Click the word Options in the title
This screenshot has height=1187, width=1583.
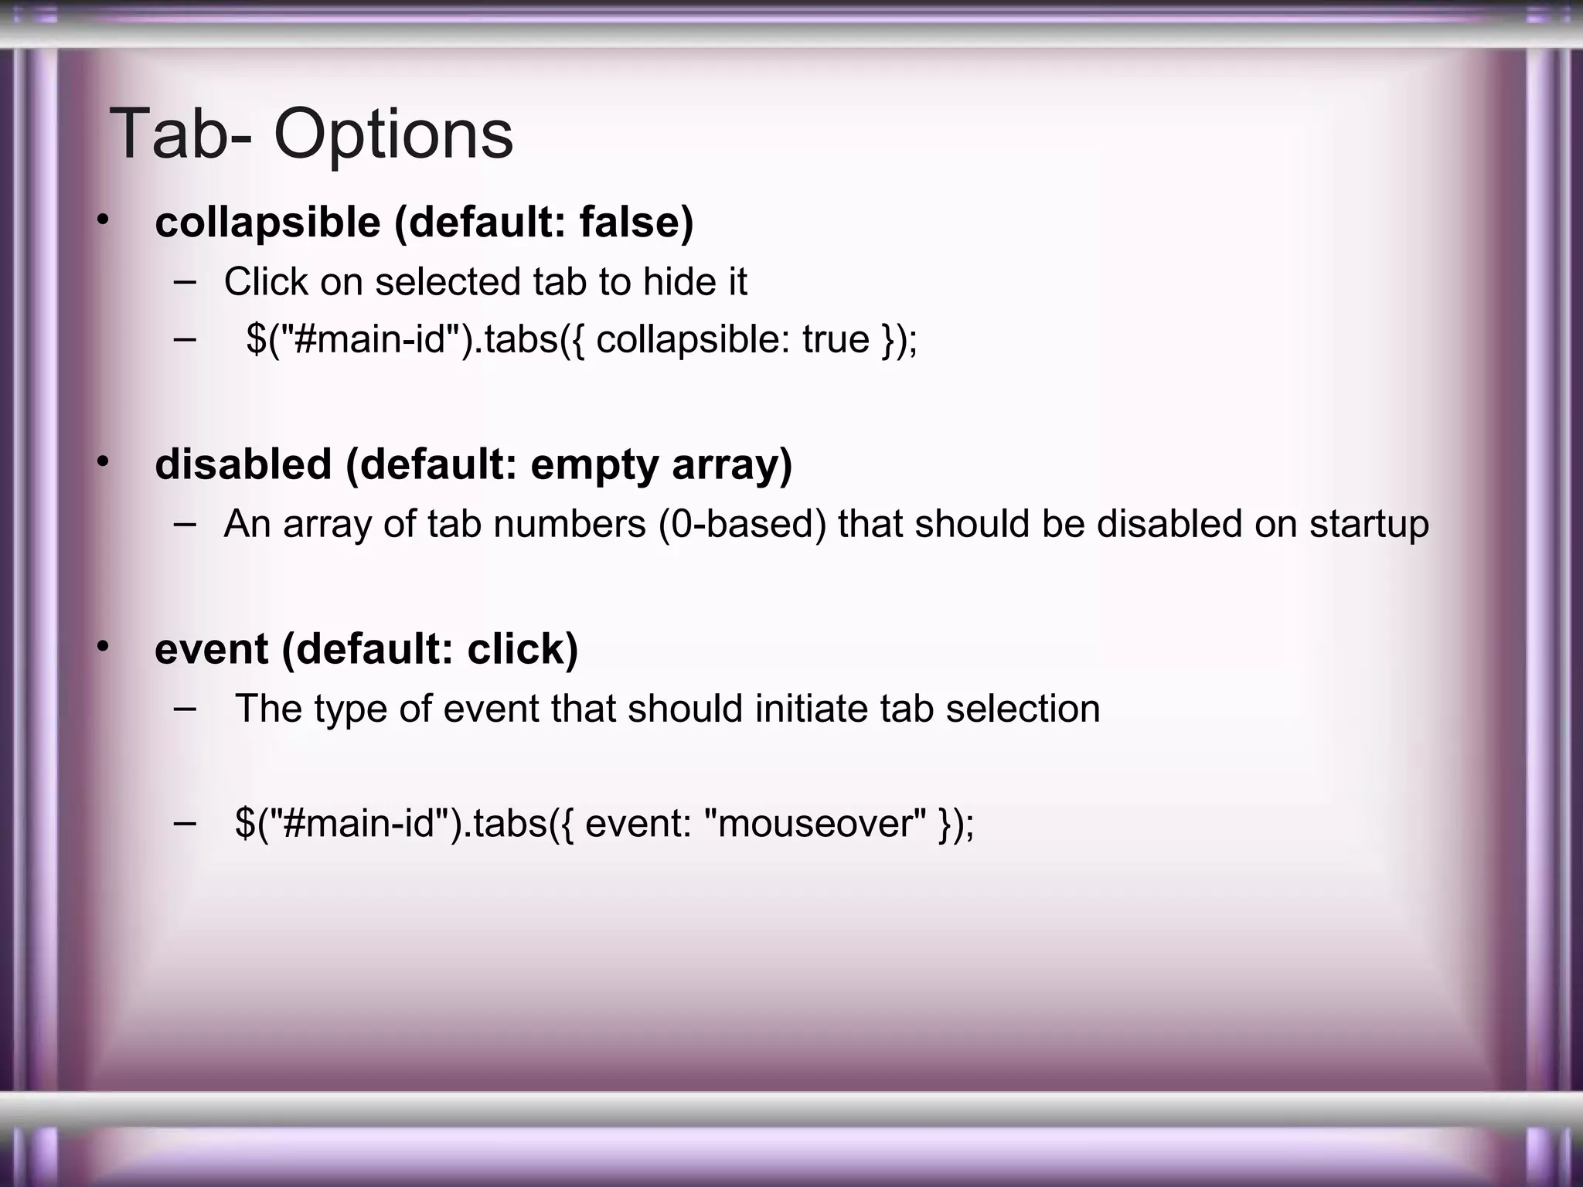pyautogui.click(x=393, y=135)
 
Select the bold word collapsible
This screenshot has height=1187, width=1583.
pyautogui.click(x=267, y=223)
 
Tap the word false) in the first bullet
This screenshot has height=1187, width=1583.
pyautogui.click(x=636, y=223)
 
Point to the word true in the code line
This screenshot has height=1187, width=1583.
pyautogui.click(x=836, y=339)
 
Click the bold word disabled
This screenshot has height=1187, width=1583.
pyautogui.click(x=243, y=464)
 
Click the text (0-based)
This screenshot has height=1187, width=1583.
pyautogui.click(x=743, y=524)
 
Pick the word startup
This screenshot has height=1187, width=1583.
pyautogui.click(x=1369, y=525)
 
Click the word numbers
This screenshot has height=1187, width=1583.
pyautogui.click(x=569, y=524)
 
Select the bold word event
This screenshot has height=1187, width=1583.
pyautogui.click(x=211, y=649)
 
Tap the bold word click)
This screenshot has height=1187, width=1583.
pyautogui.click(x=523, y=649)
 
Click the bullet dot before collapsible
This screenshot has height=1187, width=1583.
pyautogui.click(x=103, y=222)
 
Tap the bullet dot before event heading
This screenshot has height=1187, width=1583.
pyautogui.click(x=103, y=648)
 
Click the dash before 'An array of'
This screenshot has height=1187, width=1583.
pyautogui.click(x=185, y=523)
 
